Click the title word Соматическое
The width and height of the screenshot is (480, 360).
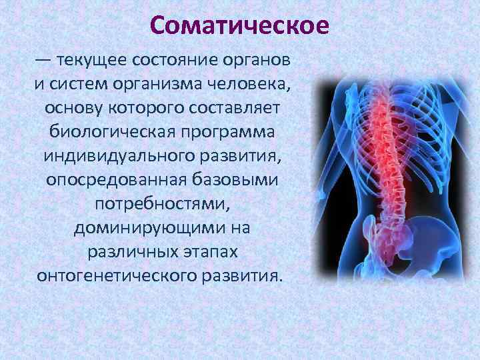tap(239, 25)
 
